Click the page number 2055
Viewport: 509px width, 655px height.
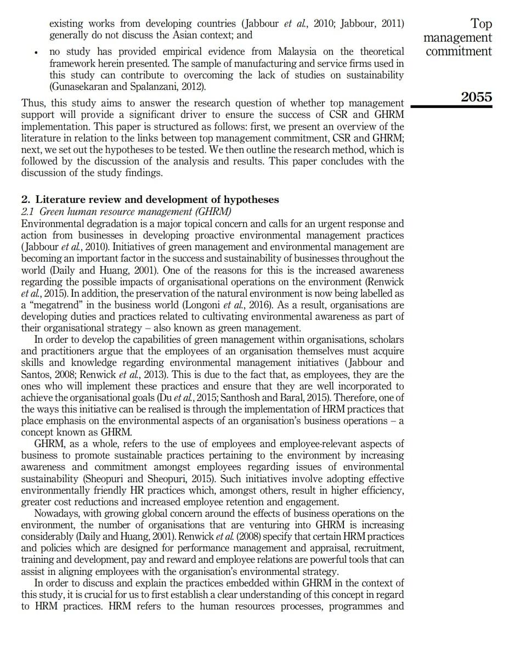476,97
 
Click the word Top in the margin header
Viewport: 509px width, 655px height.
481,24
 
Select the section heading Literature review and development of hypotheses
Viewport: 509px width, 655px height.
150,200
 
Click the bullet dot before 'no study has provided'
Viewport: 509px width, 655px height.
35,53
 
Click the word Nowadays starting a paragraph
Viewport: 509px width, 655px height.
57,513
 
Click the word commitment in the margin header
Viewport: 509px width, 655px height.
459,52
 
